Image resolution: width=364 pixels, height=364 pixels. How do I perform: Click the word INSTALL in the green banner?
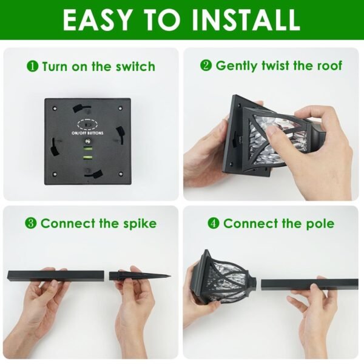click(244, 19)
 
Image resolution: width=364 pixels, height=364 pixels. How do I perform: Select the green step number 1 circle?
click(32, 66)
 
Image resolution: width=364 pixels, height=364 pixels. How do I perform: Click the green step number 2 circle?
click(206, 66)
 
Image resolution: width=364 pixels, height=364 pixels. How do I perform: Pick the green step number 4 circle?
click(213, 223)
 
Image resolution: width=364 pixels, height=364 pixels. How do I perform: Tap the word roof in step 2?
click(328, 66)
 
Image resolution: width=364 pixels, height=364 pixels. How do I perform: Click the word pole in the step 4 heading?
click(320, 223)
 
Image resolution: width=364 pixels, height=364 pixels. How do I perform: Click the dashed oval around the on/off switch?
click(87, 121)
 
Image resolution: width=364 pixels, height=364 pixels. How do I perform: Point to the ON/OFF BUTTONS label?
click(87, 132)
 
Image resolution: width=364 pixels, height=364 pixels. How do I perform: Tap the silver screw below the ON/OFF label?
click(87, 141)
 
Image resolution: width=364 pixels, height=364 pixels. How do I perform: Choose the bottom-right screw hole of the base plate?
click(120, 174)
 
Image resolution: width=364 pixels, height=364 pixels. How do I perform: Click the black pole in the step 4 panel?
click(309, 283)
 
